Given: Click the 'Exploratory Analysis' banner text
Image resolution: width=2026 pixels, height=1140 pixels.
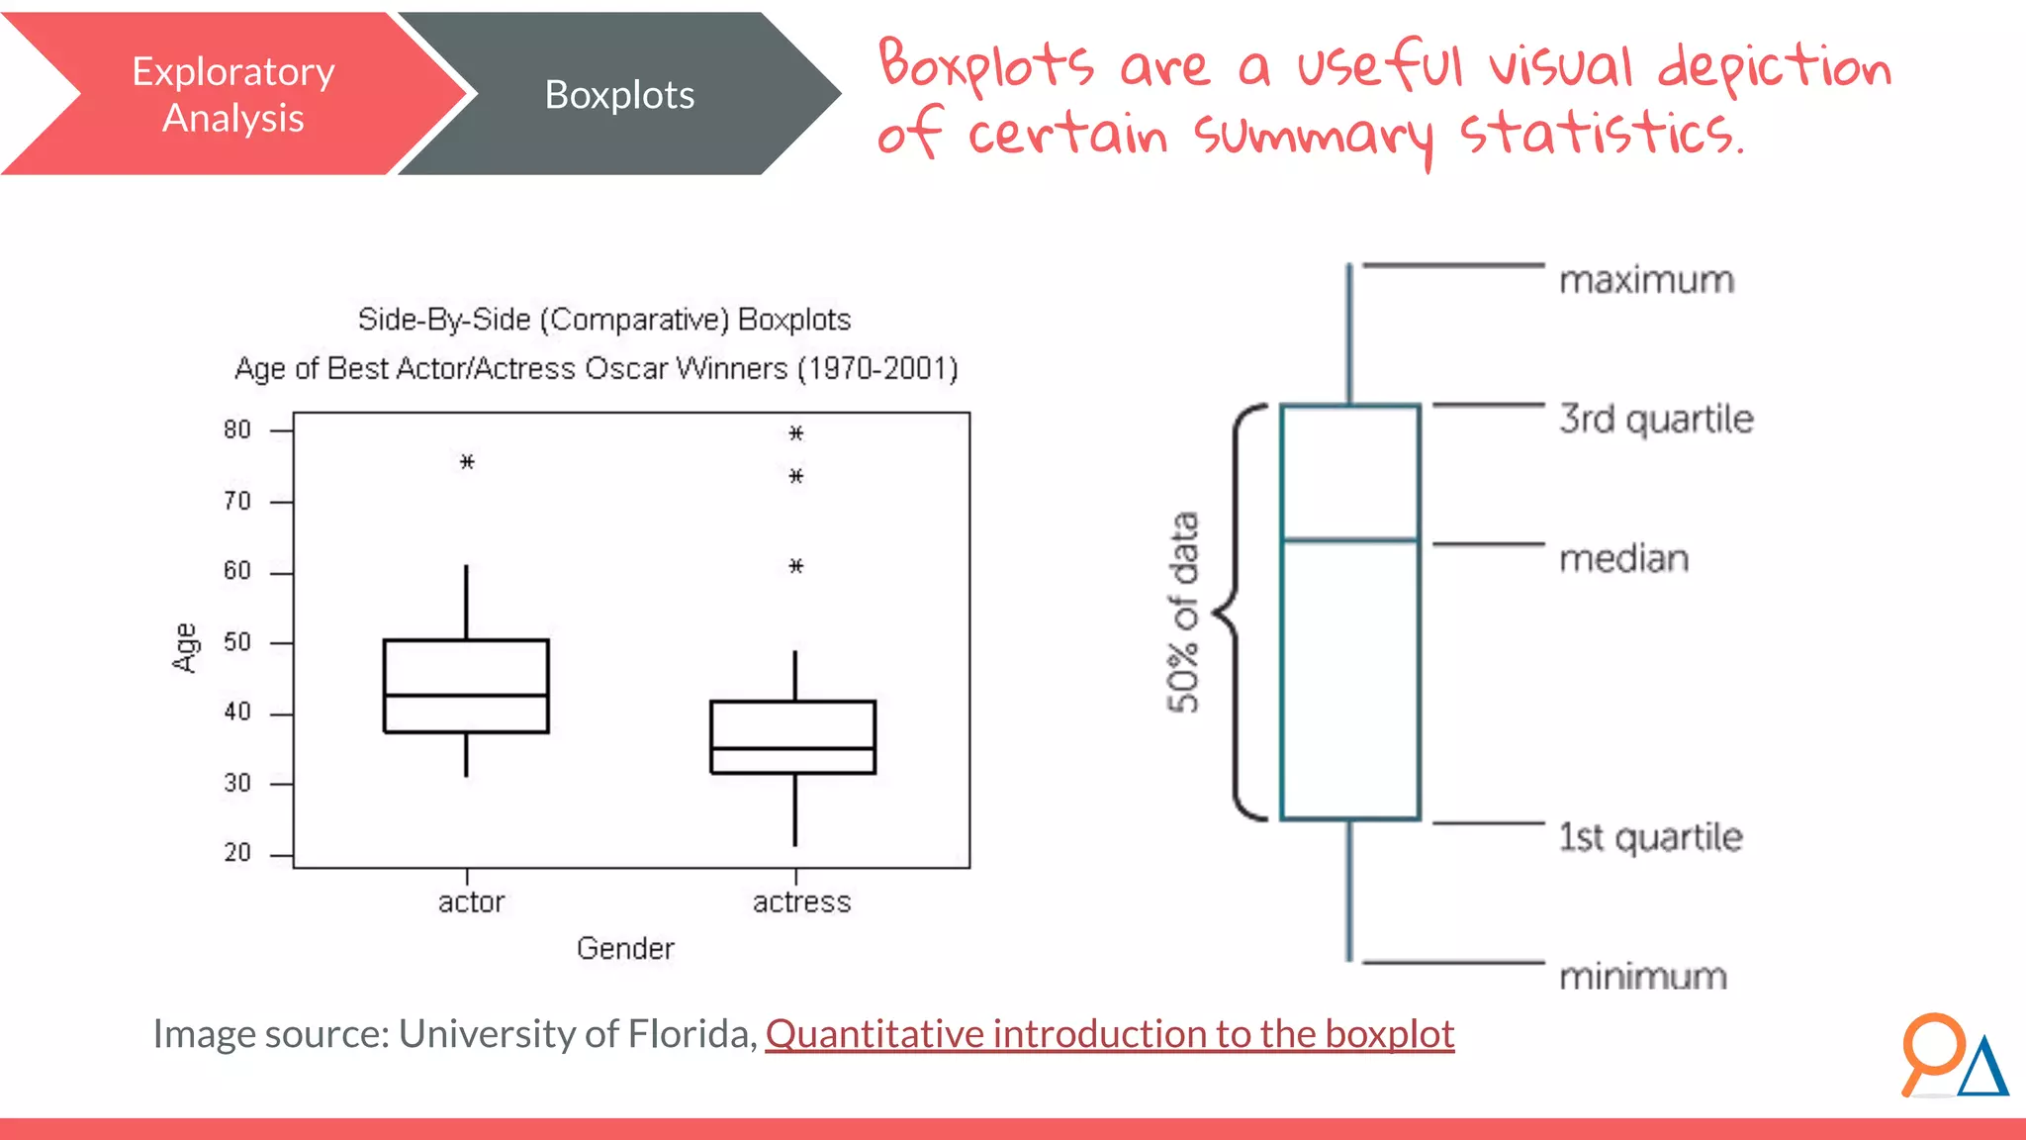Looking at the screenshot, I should [x=233, y=95].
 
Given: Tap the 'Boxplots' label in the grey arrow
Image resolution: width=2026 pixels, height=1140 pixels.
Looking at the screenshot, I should [x=619, y=95].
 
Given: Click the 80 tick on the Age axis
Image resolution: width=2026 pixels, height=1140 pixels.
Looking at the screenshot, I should [x=237, y=429].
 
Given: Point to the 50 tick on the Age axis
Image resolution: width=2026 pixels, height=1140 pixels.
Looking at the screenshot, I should [x=237, y=642].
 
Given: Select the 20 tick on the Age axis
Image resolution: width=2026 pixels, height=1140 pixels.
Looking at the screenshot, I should [x=237, y=853].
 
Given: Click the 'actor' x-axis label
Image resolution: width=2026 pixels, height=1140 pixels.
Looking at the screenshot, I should [x=471, y=902].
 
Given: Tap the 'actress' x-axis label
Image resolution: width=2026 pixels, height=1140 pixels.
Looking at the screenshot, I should [x=801, y=902].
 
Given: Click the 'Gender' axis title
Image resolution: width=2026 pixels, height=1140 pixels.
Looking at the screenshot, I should [x=625, y=948].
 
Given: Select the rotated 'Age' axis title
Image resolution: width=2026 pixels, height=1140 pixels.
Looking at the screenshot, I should [x=185, y=648].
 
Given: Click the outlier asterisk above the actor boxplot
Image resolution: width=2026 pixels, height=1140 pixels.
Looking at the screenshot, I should [x=467, y=461].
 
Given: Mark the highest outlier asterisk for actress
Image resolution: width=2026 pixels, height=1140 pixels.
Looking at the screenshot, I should [x=796, y=433].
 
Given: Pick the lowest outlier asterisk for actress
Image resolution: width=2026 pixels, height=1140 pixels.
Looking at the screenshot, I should [x=796, y=566].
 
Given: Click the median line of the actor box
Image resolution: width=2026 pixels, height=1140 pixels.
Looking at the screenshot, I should [x=466, y=696].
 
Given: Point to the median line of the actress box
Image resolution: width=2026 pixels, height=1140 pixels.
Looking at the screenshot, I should [x=793, y=748].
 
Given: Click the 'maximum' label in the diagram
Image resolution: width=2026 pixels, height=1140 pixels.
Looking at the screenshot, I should [x=1646, y=280].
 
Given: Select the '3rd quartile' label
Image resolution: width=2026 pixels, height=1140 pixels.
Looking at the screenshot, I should [x=1656, y=420].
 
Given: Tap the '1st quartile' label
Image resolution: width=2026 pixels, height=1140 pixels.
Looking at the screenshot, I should [x=1650, y=837].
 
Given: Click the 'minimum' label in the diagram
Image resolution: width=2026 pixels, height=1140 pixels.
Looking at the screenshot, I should [x=1643, y=977].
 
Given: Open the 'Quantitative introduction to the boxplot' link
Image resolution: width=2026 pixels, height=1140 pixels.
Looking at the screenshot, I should [x=1109, y=1034].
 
